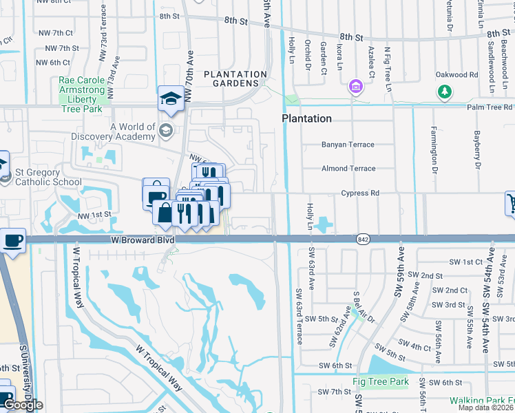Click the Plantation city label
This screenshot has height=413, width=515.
pos(306,118)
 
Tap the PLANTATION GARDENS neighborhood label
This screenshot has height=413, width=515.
pos(235,79)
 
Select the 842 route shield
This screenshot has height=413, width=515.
pos(363,240)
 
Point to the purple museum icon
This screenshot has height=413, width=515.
pos(355,87)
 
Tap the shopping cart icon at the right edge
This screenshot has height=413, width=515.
pos(511,203)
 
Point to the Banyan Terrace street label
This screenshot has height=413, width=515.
pos(348,145)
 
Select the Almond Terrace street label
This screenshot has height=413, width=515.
pos(348,169)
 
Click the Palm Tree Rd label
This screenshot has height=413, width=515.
pos(490,107)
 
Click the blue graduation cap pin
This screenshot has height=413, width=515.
pos(170,99)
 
